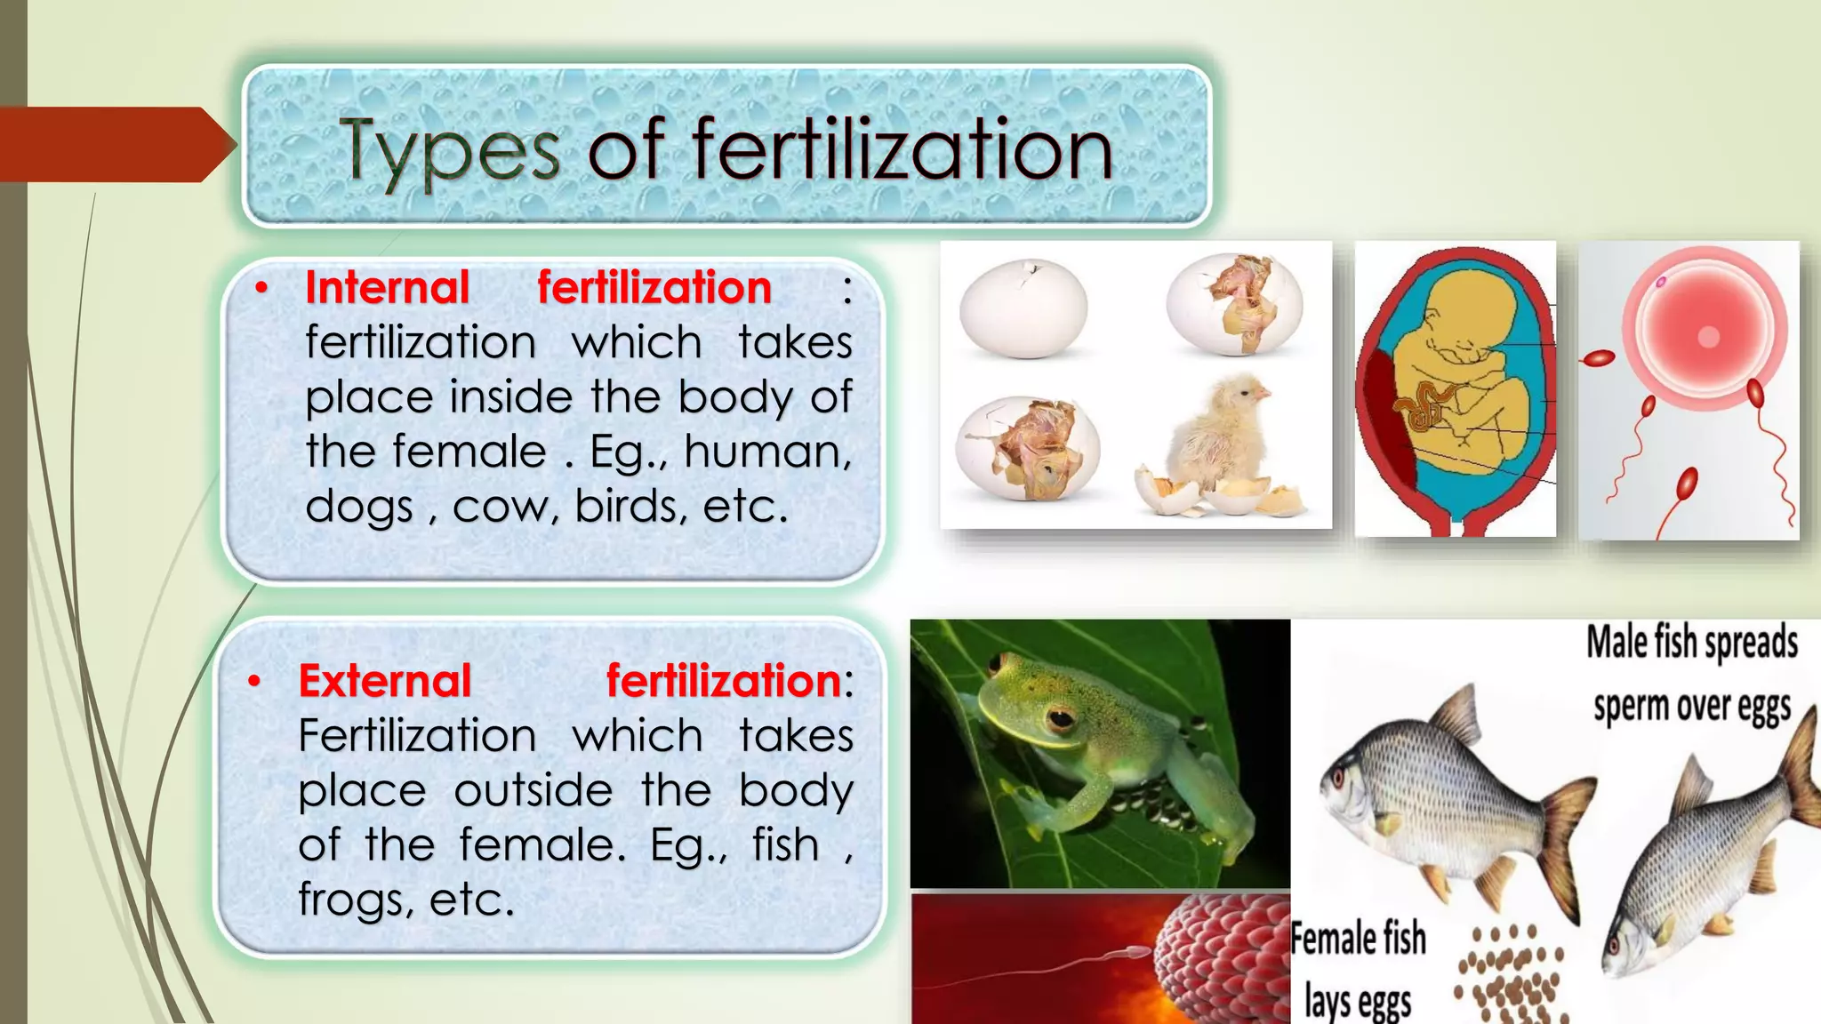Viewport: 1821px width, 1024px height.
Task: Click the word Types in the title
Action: pyautogui.click(x=449, y=151)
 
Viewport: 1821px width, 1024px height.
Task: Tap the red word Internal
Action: pyautogui.click(x=387, y=288)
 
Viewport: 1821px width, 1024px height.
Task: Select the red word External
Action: pyautogui.click(x=384, y=681)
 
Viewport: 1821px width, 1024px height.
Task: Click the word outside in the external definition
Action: pyautogui.click(x=533, y=790)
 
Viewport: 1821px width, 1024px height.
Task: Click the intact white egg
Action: pyautogui.click(x=1023, y=308)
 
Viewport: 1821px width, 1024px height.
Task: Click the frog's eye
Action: pyautogui.click(x=1060, y=716)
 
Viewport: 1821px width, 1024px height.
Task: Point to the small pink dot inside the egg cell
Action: pyautogui.click(x=1660, y=282)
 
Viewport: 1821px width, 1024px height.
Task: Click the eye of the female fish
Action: pyautogui.click(x=1336, y=781)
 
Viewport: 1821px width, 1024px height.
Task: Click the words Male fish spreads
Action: pyautogui.click(x=1691, y=643)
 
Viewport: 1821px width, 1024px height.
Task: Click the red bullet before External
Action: pyautogui.click(x=254, y=682)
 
